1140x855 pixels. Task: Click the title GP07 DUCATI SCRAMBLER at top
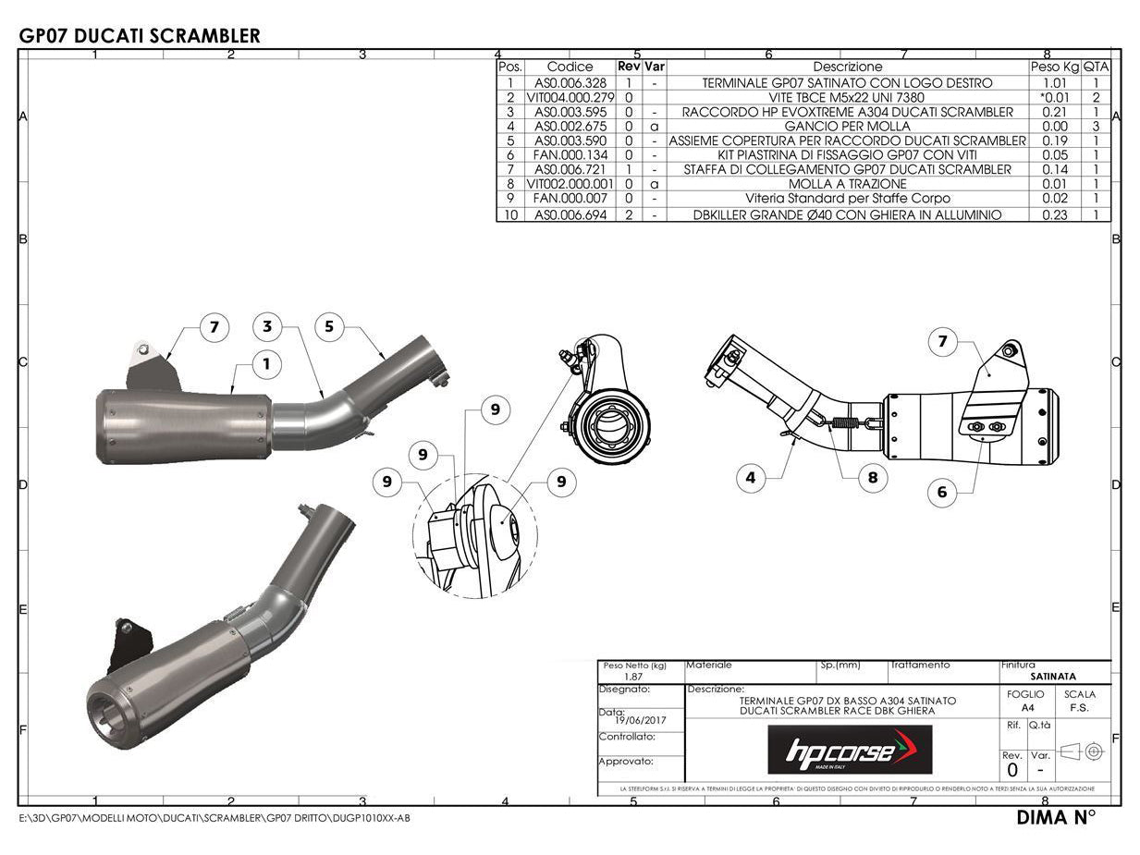140,36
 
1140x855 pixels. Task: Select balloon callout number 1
266,364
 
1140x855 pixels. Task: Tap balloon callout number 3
267,326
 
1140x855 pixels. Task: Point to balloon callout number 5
329,326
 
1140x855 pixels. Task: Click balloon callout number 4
751,478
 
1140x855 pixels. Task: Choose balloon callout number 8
872,478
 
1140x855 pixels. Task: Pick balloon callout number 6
942,492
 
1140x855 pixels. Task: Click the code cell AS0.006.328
570,83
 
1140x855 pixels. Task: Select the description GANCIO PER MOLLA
847,127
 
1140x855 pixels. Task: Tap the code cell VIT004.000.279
570,97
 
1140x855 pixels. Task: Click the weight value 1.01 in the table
1054,83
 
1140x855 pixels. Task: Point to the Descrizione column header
847,67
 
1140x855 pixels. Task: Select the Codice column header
570,67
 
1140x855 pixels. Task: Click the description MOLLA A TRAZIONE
847,184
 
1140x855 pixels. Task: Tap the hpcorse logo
850,750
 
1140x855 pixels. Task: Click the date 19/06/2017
634,721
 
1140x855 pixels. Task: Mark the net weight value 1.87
633,677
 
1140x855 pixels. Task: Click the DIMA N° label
1056,817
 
